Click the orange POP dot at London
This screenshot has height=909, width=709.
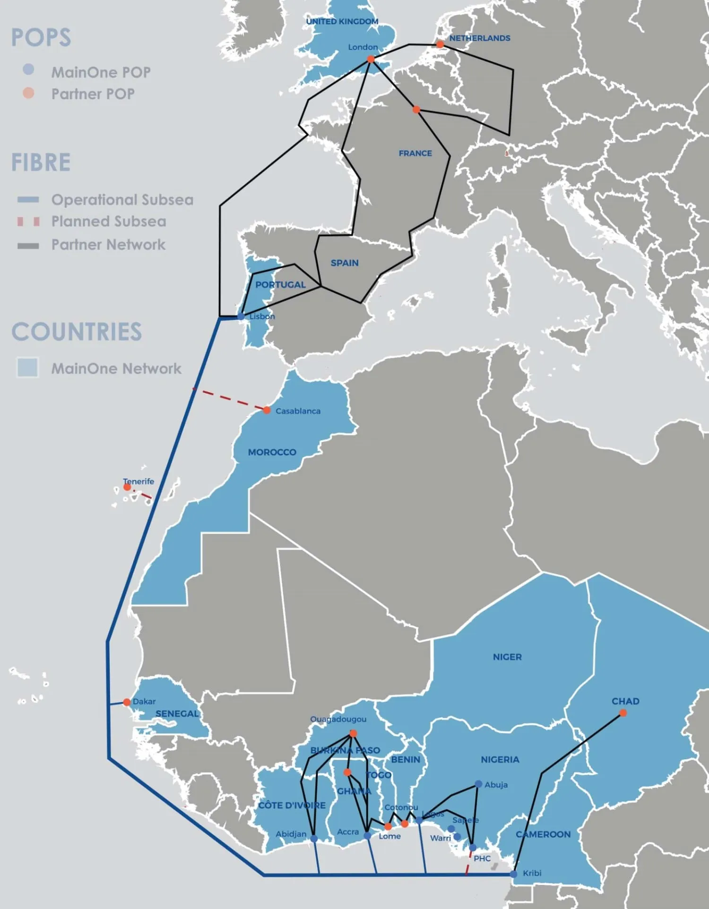371,59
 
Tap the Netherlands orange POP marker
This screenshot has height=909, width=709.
440,44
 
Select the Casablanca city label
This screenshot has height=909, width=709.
298,411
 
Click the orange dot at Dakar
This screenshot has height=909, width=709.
127,702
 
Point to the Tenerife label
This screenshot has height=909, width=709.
138,481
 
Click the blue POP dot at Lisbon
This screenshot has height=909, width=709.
241,316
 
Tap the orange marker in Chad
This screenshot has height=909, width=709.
623,713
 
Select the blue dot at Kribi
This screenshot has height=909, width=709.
514,874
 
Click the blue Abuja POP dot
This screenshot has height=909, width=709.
478,784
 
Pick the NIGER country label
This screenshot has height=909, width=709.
507,657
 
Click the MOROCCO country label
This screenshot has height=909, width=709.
272,452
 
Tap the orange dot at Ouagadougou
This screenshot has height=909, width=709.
353,733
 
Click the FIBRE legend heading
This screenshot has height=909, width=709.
41,162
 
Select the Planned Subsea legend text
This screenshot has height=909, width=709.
109,221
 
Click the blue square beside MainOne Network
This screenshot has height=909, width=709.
27,368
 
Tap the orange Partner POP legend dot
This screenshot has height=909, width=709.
28,93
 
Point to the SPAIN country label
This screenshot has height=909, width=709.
345,263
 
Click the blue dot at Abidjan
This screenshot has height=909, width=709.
314,839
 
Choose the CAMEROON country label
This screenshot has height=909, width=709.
543,834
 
